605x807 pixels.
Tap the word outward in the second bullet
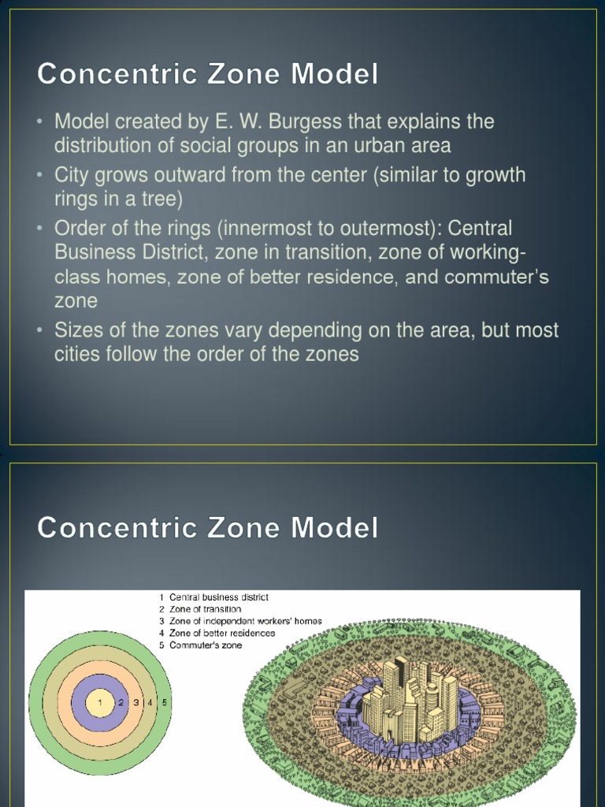[194, 175]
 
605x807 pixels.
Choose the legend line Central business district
[218, 597]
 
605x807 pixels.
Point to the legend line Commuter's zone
[206, 645]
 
